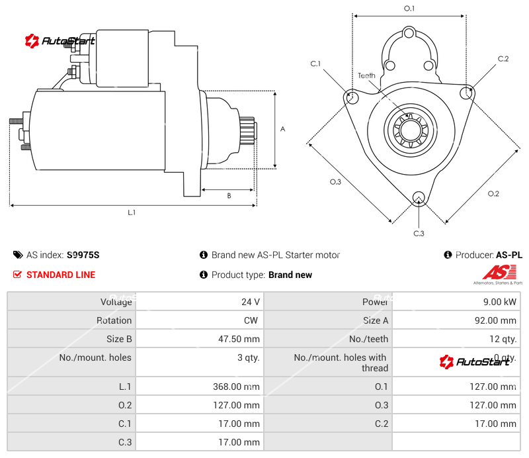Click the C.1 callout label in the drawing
[x=315, y=64]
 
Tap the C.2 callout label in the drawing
[x=503, y=59]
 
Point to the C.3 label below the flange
[x=419, y=233]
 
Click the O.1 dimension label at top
[x=409, y=8]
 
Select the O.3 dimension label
[x=335, y=183]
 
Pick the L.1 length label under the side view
[x=132, y=212]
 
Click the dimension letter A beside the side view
[x=282, y=129]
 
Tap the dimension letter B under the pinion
[x=229, y=195]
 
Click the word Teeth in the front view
[x=366, y=75]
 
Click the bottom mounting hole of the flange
[x=418, y=199]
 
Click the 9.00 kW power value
[x=501, y=302]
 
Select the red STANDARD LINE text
[x=61, y=275]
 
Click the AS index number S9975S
[x=83, y=255]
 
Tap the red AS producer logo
[x=495, y=273]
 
